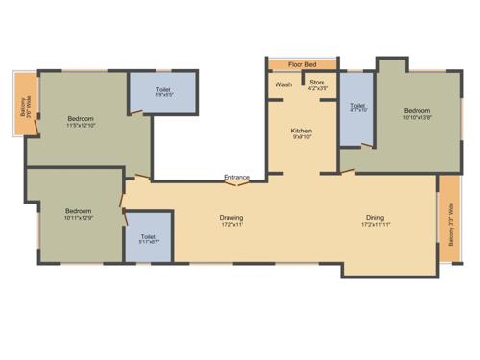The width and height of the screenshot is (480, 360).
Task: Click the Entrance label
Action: point(237,177)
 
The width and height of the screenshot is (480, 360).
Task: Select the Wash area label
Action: point(283,84)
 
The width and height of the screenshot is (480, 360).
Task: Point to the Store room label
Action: point(317,83)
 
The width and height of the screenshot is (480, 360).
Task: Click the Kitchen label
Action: point(301,131)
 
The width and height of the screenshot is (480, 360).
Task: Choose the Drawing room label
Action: point(230,217)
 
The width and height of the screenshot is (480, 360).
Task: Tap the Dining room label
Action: point(374,217)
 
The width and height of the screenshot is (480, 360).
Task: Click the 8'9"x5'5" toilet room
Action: point(163,96)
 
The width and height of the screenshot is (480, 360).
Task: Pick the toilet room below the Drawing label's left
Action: point(148,241)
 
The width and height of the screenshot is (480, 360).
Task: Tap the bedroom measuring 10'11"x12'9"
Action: point(77,215)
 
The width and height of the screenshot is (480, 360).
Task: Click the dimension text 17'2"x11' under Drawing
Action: point(230,226)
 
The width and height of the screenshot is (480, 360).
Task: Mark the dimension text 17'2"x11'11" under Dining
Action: point(375,226)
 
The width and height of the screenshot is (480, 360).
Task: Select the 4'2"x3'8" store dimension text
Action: point(317,90)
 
